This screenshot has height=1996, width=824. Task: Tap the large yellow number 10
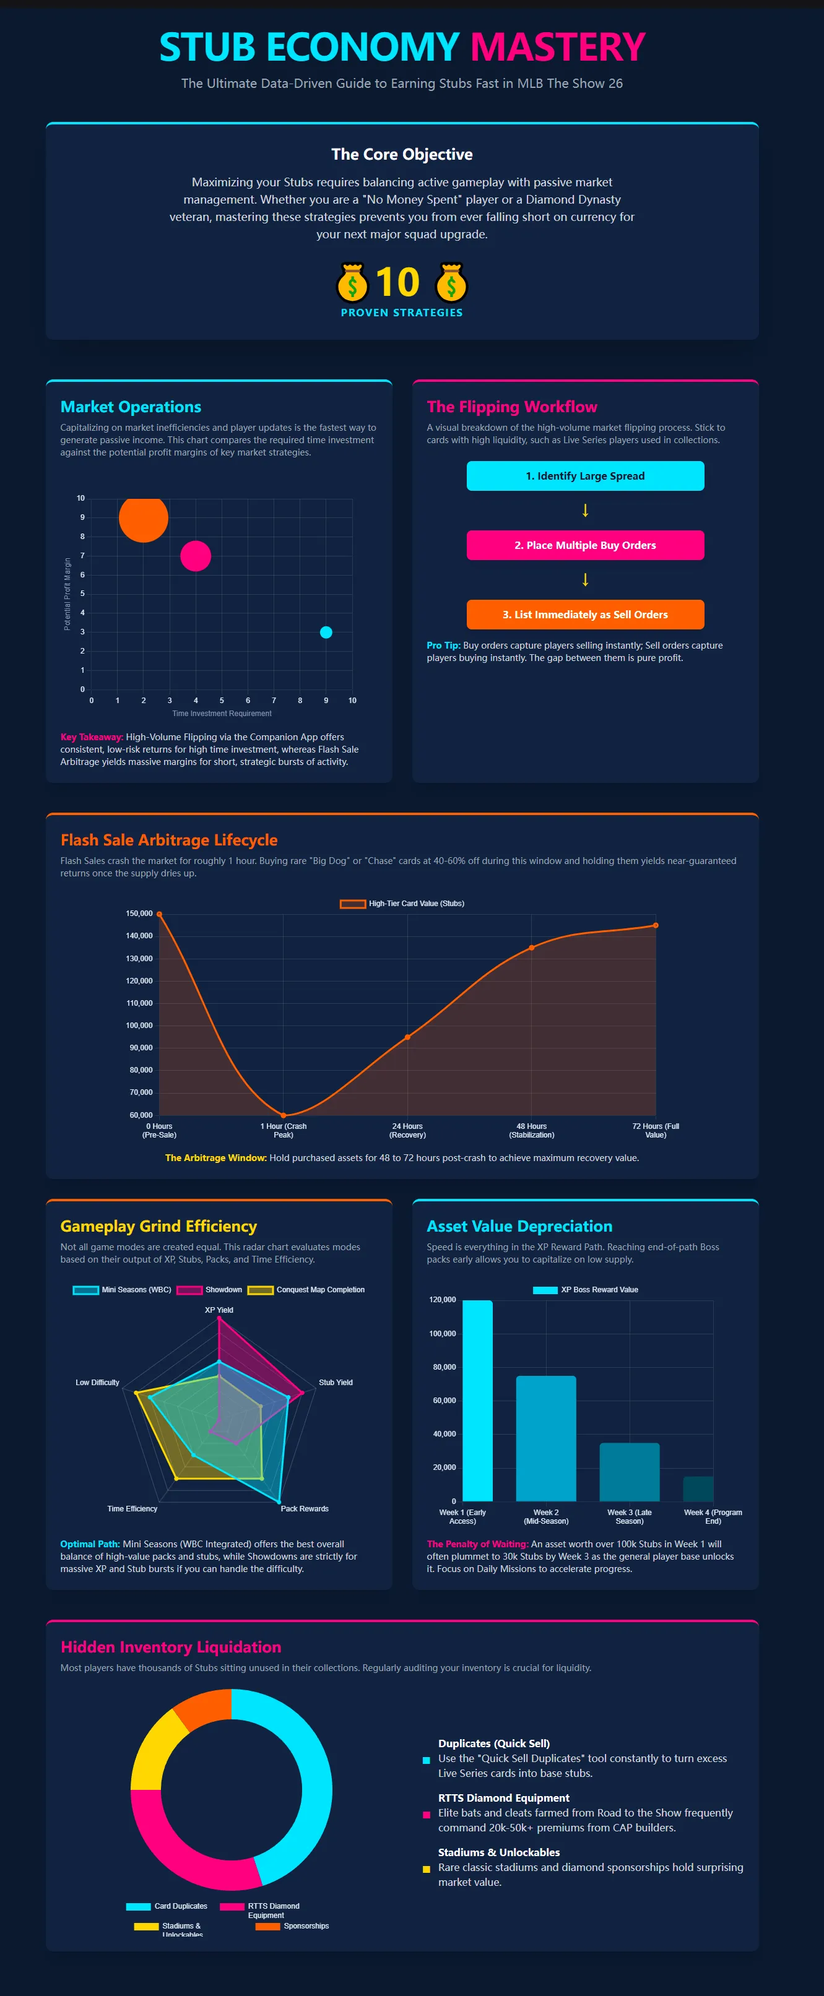point(397,282)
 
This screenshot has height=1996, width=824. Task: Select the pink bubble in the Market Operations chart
point(196,556)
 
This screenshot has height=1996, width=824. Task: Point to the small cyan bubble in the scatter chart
point(326,633)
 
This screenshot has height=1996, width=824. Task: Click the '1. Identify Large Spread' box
point(585,476)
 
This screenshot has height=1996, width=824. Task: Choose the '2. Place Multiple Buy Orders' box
point(585,545)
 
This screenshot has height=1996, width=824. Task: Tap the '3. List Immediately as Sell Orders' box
point(585,615)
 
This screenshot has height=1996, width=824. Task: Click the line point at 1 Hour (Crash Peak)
point(283,1115)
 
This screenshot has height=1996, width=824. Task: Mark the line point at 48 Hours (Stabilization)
point(532,948)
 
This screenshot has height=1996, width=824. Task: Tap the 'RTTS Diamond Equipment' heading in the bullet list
point(503,1798)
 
